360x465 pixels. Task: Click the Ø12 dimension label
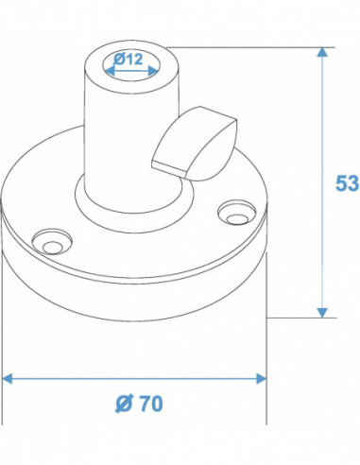(x=129, y=59)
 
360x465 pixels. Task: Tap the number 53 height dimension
(x=346, y=181)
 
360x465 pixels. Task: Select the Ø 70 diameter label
(x=139, y=403)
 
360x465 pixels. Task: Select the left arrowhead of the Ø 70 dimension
(x=9, y=378)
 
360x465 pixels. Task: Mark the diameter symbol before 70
(x=123, y=403)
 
